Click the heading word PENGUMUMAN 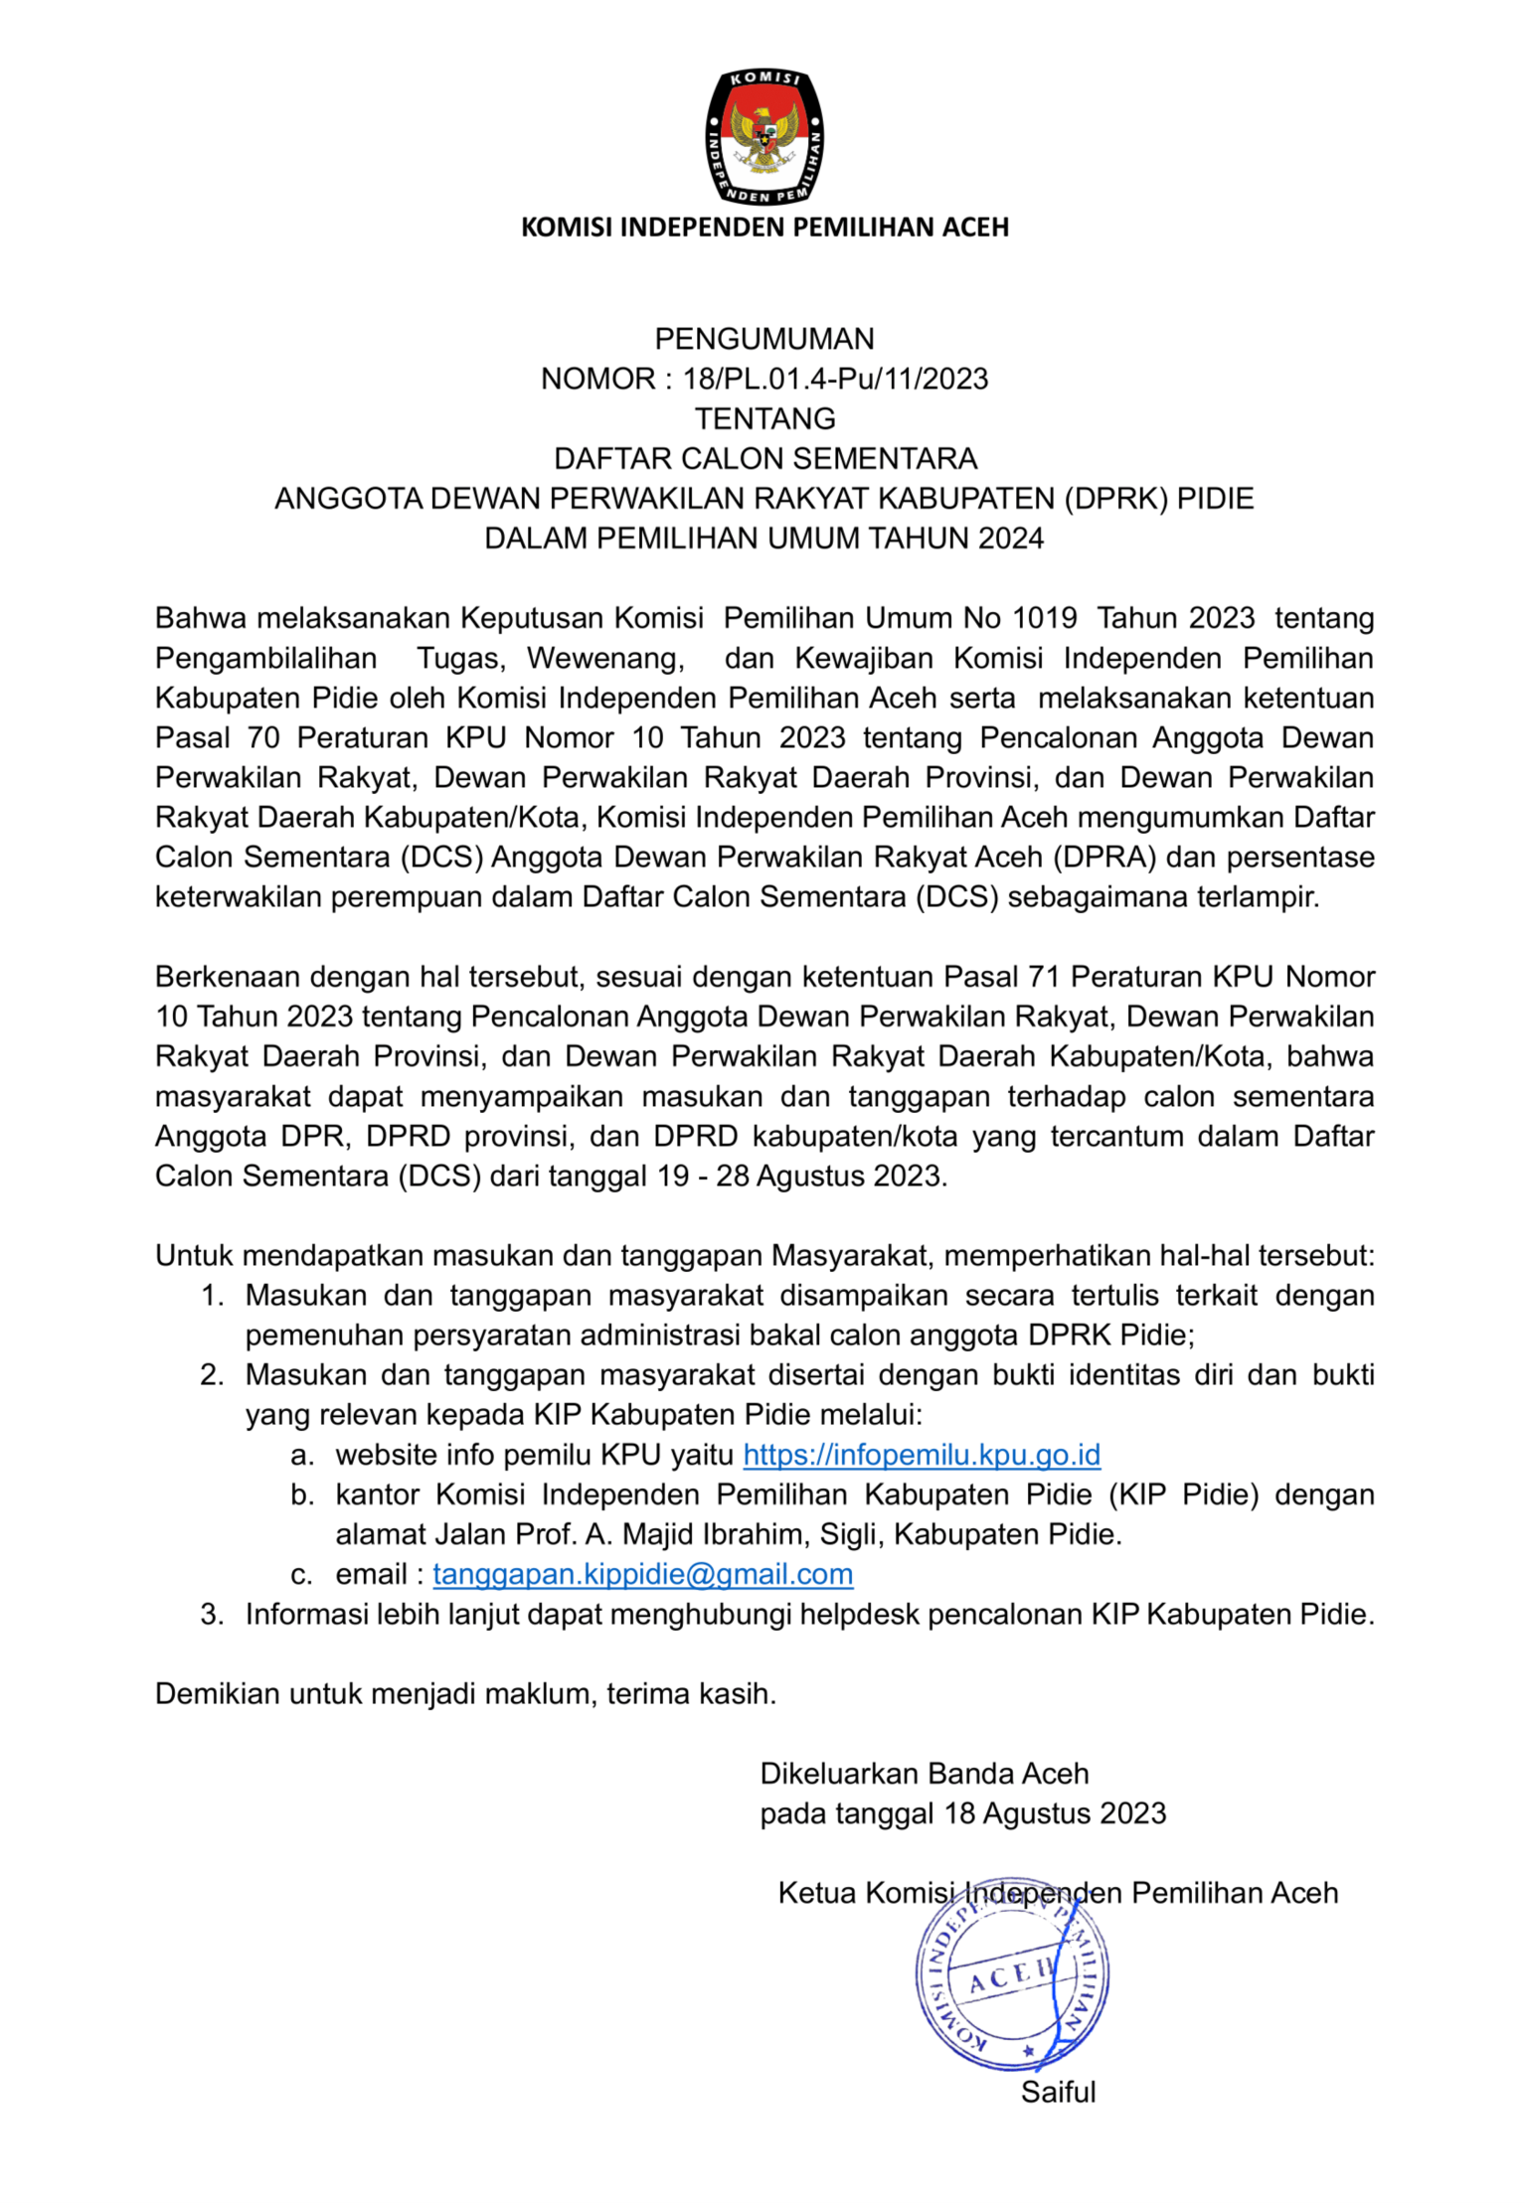(763, 340)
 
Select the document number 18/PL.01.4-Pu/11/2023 (835, 380)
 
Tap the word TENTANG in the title (763, 419)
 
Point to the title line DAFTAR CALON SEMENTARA (763, 459)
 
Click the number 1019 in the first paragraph (1044, 618)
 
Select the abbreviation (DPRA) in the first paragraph (1104, 858)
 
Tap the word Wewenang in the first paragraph (604, 658)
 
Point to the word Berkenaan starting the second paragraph (227, 977)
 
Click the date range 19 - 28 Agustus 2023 (801, 1177)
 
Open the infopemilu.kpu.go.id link (921, 1455)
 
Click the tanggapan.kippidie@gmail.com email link (642, 1574)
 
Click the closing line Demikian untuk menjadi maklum (465, 1694)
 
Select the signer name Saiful (1058, 2092)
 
